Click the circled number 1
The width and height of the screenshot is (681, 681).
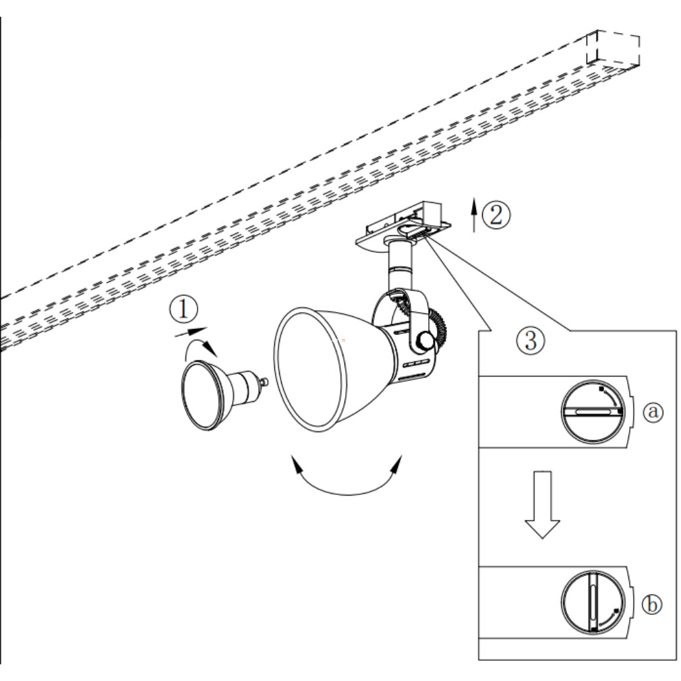point(183,309)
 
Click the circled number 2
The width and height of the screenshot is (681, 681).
point(496,214)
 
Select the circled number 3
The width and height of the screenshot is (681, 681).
point(530,340)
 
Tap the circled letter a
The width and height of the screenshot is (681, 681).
point(653,411)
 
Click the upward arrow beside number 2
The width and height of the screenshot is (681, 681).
point(474,215)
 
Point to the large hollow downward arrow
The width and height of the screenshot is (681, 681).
point(543,504)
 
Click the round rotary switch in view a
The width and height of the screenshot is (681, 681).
point(593,412)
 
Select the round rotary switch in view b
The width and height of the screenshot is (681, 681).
point(593,602)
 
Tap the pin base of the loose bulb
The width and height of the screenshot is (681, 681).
point(262,382)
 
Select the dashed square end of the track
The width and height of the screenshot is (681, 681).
point(613,49)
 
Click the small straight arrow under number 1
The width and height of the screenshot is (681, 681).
point(191,332)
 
